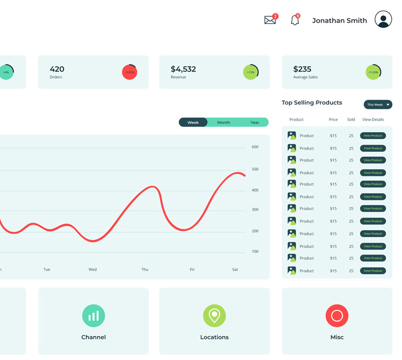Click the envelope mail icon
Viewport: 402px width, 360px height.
pyautogui.click(x=270, y=21)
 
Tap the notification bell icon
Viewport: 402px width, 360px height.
pyautogui.click(x=295, y=21)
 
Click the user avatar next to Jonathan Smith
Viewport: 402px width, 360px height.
pyautogui.click(x=383, y=19)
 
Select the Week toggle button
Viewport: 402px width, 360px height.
pyautogui.click(x=193, y=122)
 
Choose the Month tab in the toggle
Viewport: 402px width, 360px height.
pyautogui.click(x=223, y=122)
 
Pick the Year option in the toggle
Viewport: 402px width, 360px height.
pyautogui.click(x=255, y=122)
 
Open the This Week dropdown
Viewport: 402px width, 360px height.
pyautogui.click(x=378, y=104)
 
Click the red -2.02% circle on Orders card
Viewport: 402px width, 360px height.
pyautogui.click(x=130, y=72)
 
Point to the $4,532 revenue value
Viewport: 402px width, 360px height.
pyautogui.click(x=183, y=69)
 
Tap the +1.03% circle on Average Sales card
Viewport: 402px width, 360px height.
pyautogui.click(x=373, y=72)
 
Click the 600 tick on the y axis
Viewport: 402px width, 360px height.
pyautogui.click(x=255, y=147)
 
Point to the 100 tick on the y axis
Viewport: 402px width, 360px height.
pyautogui.click(x=255, y=252)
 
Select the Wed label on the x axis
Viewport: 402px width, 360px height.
pyautogui.click(x=93, y=270)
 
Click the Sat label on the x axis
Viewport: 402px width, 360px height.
pyautogui.click(x=235, y=270)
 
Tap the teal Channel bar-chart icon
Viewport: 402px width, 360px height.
pyautogui.click(x=94, y=316)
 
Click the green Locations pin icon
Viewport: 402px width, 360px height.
pyautogui.click(x=214, y=316)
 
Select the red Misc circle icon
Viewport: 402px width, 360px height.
pyautogui.click(x=337, y=316)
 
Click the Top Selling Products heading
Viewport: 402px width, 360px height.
pyautogui.click(x=312, y=103)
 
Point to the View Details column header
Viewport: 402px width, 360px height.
pyautogui.click(x=373, y=120)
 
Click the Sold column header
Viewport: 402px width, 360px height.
pyautogui.click(x=351, y=120)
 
